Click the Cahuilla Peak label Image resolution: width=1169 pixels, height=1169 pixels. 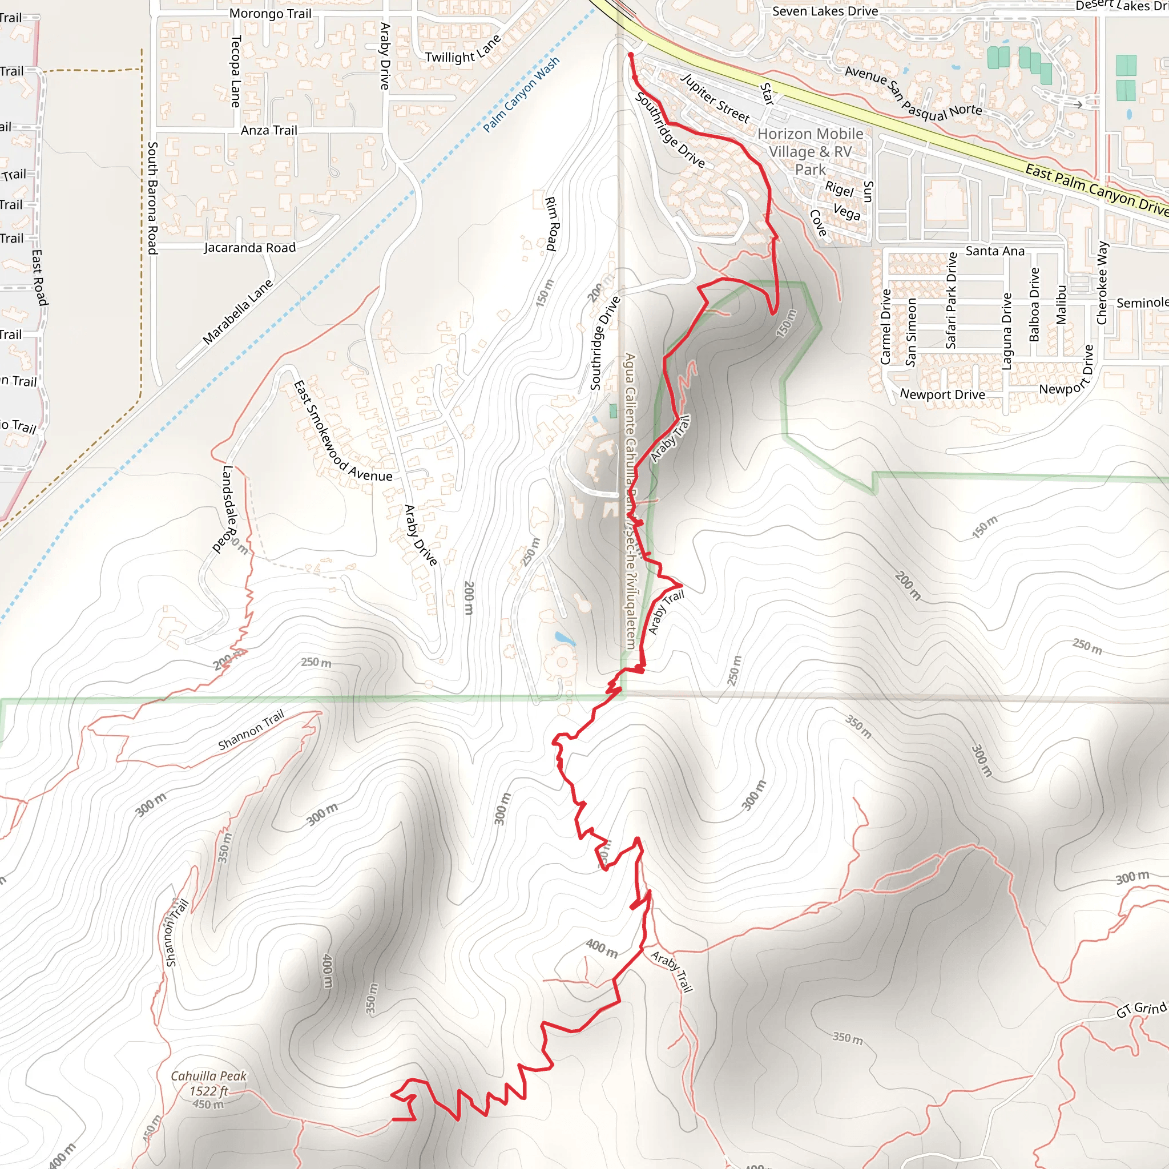coord(209,1077)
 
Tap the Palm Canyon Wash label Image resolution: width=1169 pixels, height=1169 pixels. coord(521,94)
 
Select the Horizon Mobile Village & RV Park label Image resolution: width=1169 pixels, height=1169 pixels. coord(810,151)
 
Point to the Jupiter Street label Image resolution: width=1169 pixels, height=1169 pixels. coord(715,98)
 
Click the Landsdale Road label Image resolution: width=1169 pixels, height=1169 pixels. coord(224,508)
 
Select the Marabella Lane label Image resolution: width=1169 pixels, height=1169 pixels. coord(238,312)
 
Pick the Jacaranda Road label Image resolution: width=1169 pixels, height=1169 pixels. coord(249,248)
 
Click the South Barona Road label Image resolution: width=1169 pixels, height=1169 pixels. coord(152,198)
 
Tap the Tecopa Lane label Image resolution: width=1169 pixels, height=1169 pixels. coord(236,71)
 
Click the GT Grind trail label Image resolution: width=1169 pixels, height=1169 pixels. coord(1141,1009)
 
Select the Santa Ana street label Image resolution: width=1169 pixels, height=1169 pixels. coord(995,251)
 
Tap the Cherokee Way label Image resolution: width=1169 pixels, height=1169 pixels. coord(1102,283)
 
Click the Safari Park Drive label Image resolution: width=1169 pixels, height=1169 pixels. coord(951,301)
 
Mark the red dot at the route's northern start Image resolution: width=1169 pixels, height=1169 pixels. coord(631,55)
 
